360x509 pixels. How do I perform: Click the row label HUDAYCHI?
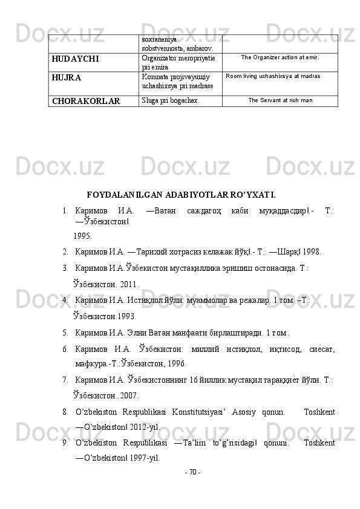pos(75,60)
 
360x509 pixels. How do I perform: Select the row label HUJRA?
pos(66,78)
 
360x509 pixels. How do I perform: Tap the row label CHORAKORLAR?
pos(85,101)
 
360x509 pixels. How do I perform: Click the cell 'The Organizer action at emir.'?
pos(280,58)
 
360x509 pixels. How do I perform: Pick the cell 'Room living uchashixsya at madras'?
pos(273,76)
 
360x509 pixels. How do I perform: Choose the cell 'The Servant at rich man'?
pos(280,100)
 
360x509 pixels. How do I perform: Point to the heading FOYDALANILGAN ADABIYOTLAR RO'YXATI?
pos(182,195)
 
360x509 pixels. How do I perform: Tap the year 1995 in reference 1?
pos(82,236)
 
